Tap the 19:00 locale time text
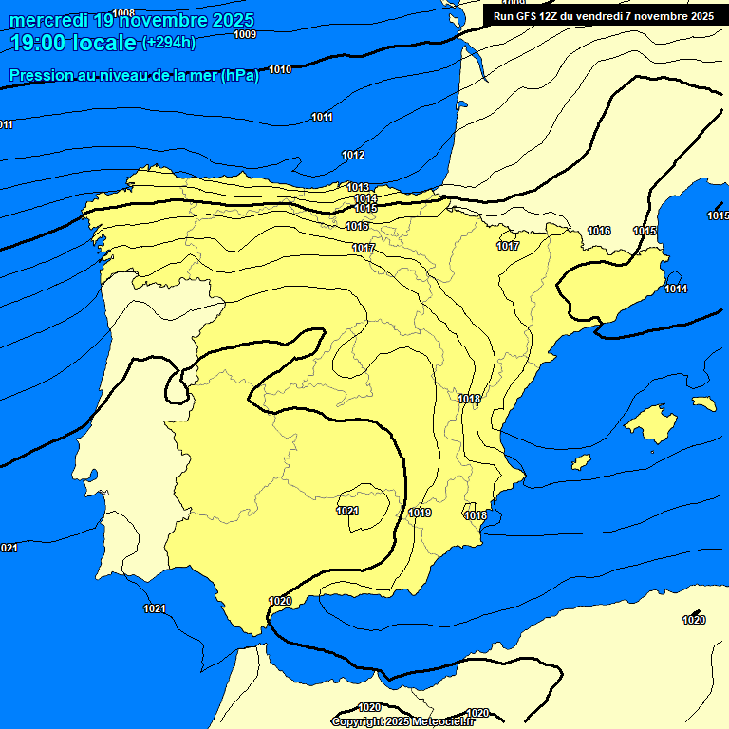[x=73, y=42]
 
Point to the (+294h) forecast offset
[x=169, y=43]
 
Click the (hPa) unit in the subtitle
[x=239, y=76]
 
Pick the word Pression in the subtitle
[x=40, y=76]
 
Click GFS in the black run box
[x=525, y=15]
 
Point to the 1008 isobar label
[x=123, y=13]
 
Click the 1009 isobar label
[x=245, y=34]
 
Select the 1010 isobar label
[x=280, y=69]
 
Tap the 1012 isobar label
[x=353, y=155]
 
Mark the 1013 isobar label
[x=358, y=187]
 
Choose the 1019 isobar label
[x=421, y=513]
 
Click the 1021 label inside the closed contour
[x=347, y=511]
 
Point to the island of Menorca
[x=703, y=403]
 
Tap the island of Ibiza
[x=581, y=462]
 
